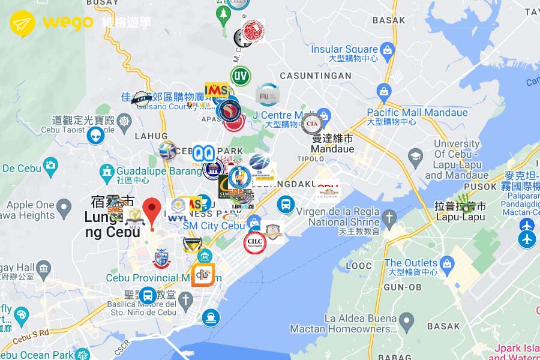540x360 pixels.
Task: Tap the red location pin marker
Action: pyautogui.click(x=153, y=210)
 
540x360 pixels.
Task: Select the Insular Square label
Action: pyautogui.click(x=345, y=49)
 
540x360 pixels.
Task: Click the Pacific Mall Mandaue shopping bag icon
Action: pyautogui.click(x=384, y=91)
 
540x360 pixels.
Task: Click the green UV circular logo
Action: pyautogui.click(x=240, y=76)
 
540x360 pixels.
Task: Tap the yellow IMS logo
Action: pyautogui.click(x=216, y=91)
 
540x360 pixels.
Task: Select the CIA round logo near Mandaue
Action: pyautogui.click(x=312, y=124)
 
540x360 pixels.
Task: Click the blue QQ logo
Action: pyautogui.click(x=203, y=152)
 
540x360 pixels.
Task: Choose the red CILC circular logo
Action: pyautogui.click(x=254, y=243)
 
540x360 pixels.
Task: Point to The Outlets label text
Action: pyautogui.click(x=410, y=263)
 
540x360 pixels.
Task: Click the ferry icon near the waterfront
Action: pyautogui.click(x=210, y=317)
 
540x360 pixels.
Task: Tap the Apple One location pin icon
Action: pyautogui.click(x=64, y=209)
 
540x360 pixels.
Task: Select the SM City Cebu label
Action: pyautogui.click(x=214, y=226)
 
